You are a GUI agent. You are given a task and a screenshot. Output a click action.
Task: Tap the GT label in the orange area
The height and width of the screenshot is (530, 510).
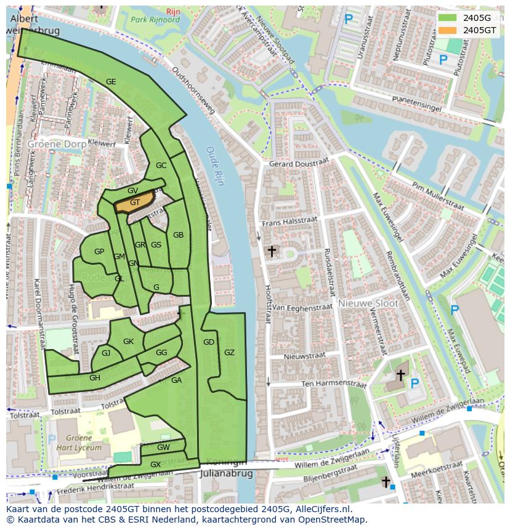(x=135, y=202)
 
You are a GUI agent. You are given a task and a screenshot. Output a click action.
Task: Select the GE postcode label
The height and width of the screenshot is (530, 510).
(x=111, y=82)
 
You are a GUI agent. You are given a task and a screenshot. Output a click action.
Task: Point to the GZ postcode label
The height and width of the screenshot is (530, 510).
(x=229, y=353)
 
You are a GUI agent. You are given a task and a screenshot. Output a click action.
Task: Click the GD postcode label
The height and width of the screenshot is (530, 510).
(x=209, y=342)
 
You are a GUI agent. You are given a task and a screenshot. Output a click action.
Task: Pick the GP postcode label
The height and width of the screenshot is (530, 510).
(x=99, y=252)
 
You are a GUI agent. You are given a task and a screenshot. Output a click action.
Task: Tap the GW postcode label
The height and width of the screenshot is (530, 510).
(x=163, y=448)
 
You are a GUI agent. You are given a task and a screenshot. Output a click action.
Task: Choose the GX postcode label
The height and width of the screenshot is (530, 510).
(x=155, y=464)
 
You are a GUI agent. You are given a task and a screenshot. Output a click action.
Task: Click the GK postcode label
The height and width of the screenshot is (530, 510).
(x=128, y=342)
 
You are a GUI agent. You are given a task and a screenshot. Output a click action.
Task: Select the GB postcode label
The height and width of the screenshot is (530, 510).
(x=178, y=235)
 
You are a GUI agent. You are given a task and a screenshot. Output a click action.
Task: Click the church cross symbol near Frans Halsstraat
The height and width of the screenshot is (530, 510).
(x=271, y=251)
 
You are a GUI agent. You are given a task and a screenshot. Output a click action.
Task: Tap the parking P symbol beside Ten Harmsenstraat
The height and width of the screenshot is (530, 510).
(x=415, y=383)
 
